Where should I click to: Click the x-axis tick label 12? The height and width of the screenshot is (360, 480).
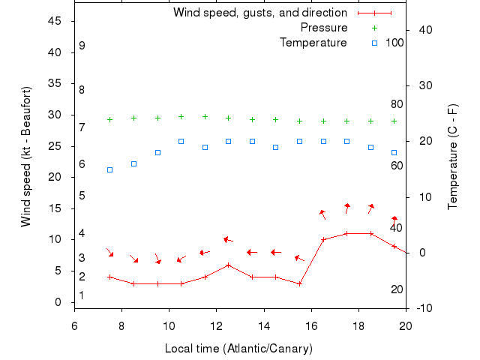tap(216, 325)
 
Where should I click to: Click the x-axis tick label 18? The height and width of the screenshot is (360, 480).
tap(358, 325)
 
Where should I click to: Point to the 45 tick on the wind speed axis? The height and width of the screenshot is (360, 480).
tap(55, 21)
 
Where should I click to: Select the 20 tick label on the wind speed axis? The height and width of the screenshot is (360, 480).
tap(55, 177)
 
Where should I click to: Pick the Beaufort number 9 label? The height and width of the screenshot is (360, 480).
tap(82, 46)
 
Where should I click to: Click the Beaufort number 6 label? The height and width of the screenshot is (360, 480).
tap(82, 163)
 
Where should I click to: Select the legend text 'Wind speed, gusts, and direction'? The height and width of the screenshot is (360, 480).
tap(259, 13)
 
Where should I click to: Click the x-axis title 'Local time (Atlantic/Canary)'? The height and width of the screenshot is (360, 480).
tap(238, 349)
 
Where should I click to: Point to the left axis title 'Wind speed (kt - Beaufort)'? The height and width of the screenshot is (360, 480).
tap(26, 156)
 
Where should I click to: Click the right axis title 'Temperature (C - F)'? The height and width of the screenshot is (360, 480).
tap(452, 156)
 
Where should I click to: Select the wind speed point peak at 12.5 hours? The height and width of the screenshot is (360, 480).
tap(228, 265)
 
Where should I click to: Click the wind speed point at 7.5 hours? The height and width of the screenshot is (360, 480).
tap(109, 277)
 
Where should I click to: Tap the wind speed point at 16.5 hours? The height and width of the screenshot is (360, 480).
tap(323, 240)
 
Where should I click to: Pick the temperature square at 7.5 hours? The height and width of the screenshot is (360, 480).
tap(109, 169)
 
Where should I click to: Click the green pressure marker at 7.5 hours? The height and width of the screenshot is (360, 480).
tap(109, 119)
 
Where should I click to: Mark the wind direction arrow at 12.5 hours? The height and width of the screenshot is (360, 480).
tap(228, 240)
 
